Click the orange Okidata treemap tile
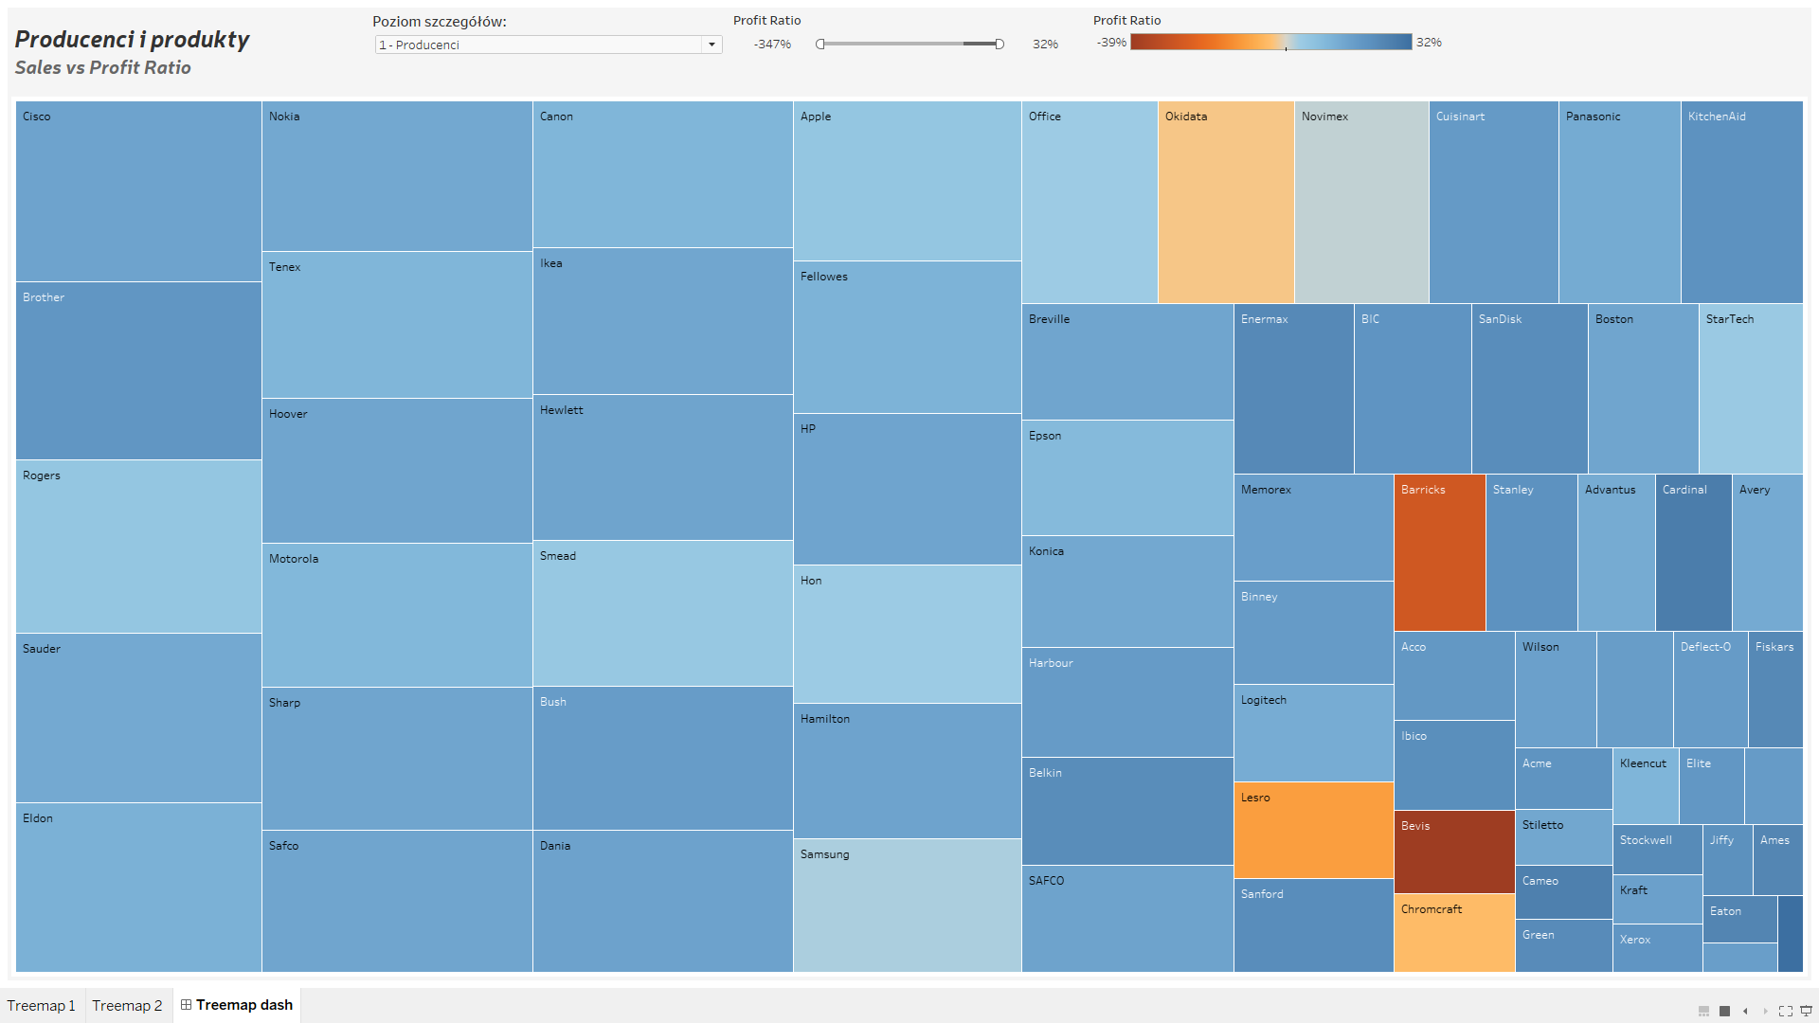click(x=1226, y=202)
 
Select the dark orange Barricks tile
click(x=1439, y=552)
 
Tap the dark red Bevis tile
click(x=1453, y=852)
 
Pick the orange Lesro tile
click(x=1313, y=830)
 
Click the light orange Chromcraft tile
click(x=1453, y=932)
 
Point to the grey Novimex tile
click(x=1361, y=202)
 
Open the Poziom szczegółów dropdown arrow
click(x=711, y=45)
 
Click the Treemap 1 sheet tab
click(x=42, y=1005)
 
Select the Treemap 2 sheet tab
click(x=128, y=1005)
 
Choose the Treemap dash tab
click(x=237, y=1005)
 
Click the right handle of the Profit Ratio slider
click(x=1000, y=44)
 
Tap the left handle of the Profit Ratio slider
click(x=820, y=44)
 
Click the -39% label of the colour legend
click(x=1111, y=43)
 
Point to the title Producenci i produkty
click(x=132, y=39)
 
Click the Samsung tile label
click(x=824, y=854)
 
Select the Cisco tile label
click(x=37, y=117)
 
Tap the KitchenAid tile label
click(x=1717, y=117)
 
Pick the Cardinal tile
click(x=1693, y=552)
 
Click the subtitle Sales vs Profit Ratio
click(x=102, y=67)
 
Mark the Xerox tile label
click(x=1635, y=940)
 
